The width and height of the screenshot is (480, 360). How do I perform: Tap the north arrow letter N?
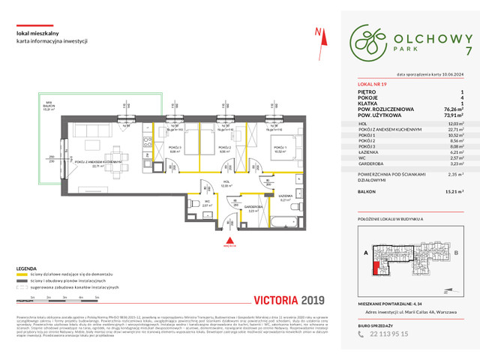(x=318, y=31)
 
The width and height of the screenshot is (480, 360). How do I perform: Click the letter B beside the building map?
(x=457, y=253)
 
